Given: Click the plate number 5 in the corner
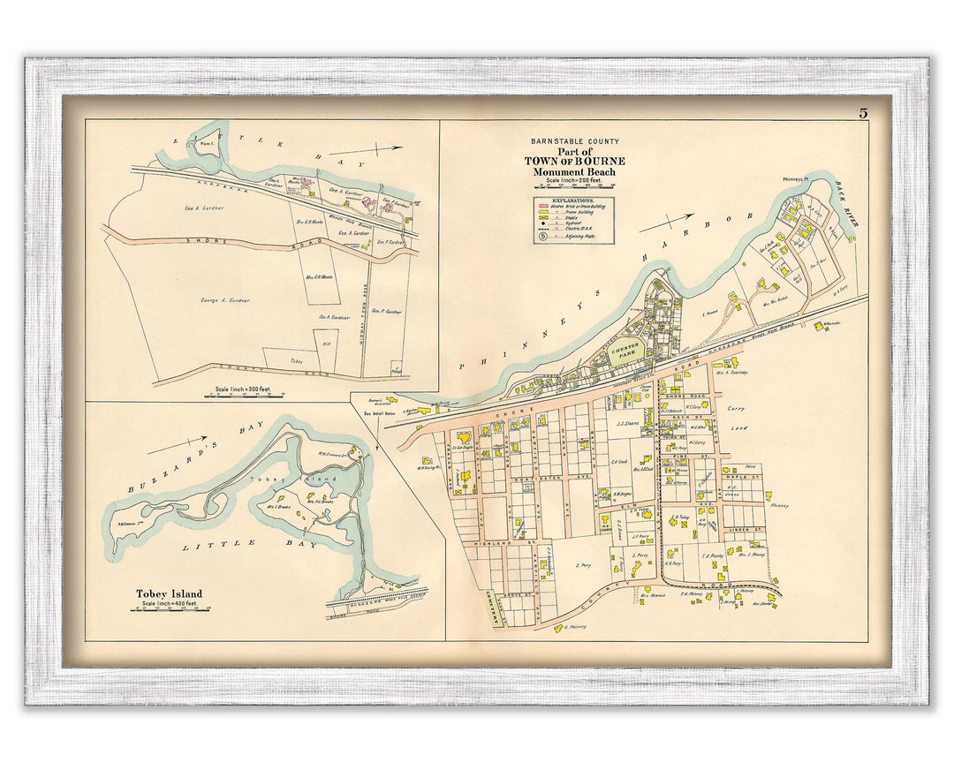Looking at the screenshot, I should pyautogui.click(x=861, y=112).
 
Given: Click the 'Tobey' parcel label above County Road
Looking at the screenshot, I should pyautogui.click(x=296, y=360).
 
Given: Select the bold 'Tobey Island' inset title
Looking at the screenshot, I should pyautogui.click(x=168, y=593).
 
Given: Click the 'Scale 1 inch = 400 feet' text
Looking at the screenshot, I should pyautogui.click(x=168, y=604).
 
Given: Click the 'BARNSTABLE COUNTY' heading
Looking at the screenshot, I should pyautogui.click(x=575, y=141).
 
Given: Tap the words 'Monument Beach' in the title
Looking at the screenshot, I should pyautogui.click(x=574, y=171).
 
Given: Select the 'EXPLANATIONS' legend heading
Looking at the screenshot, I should pyautogui.click(x=574, y=200).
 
